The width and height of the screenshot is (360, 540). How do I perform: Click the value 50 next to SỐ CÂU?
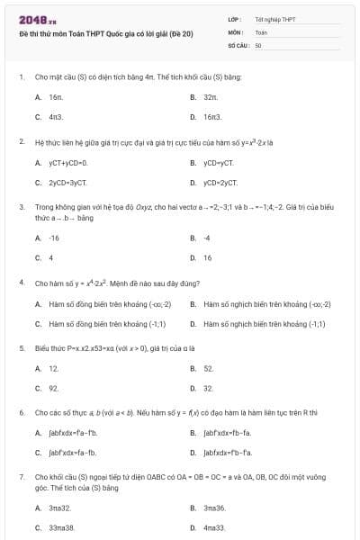coord(258,45)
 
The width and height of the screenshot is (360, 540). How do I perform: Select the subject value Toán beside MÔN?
coord(261,32)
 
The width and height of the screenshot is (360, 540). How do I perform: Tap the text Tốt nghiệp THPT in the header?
coord(274,19)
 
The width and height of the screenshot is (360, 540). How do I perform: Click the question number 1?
coord(21,77)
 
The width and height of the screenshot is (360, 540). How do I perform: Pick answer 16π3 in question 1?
coord(212,117)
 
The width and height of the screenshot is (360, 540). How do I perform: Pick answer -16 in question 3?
coord(55,238)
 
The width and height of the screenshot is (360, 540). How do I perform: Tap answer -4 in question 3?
coord(207,238)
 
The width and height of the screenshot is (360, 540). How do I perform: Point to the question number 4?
coord(21,283)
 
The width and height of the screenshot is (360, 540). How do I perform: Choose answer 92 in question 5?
coord(54,389)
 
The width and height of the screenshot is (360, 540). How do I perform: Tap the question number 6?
coord(21,413)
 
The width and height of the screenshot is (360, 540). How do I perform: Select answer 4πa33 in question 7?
coord(214,528)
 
